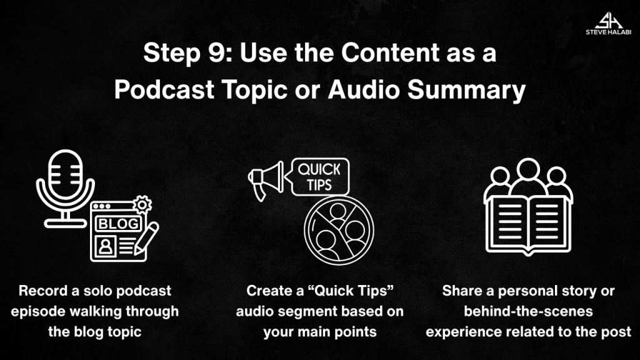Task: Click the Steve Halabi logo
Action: pyautogui.click(x=608, y=23)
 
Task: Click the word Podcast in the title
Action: pyautogui.click(x=164, y=89)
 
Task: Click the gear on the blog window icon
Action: pyautogui.click(x=142, y=204)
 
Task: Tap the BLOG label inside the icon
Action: pyautogui.click(x=118, y=224)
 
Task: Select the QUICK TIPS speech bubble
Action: pyautogui.click(x=320, y=177)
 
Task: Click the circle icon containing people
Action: pyautogui.click(x=339, y=231)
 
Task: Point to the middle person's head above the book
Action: pyautogui.click(x=528, y=169)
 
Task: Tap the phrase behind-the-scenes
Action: pyautogui.click(x=528, y=311)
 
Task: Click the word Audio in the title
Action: pyautogui.click(x=364, y=89)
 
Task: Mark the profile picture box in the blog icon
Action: pyautogui.click(x=105, y=246)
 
